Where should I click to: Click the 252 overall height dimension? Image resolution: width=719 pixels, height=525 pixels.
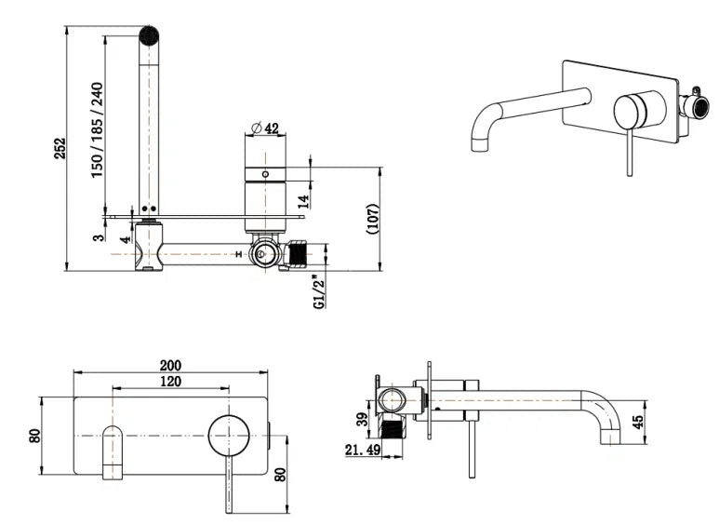click(60, 148)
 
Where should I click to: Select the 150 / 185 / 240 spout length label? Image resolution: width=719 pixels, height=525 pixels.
click(98, 130)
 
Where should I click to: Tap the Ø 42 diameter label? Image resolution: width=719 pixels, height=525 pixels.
click(265, 128)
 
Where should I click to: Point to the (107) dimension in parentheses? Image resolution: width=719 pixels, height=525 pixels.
click(373, 219)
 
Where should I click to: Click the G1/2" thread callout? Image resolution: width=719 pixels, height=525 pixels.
click(319, 292)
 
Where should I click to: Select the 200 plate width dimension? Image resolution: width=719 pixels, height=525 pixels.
click(170, 365)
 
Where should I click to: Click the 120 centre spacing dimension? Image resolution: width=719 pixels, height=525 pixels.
click(170, 381)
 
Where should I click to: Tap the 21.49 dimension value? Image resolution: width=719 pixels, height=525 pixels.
click(363, 450)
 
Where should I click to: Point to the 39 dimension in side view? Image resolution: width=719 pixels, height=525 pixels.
click(362, 419)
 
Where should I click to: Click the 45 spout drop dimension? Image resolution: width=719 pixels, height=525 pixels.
click(637, 422)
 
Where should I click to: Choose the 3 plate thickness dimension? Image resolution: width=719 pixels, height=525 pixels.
click(99, 237)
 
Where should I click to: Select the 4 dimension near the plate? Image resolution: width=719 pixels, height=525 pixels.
click(126, 239)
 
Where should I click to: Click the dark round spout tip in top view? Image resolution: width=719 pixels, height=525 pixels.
click(149, 34)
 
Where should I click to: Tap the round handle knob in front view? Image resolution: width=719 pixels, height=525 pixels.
click(229, 436)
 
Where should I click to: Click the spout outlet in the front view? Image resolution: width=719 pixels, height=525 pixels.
click(113, 452)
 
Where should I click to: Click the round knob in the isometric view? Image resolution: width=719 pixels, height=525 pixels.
click(631, 112)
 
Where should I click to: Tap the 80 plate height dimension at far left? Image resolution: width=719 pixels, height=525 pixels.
click(34, 436)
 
